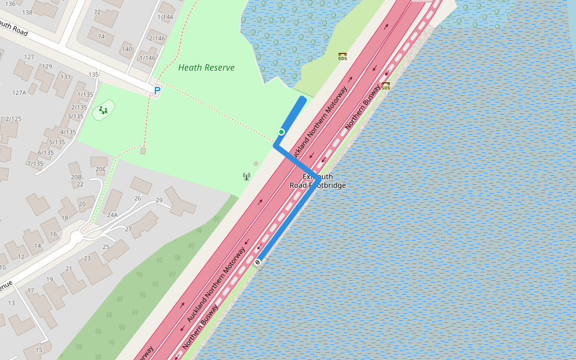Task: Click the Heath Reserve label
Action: (x=206, y=68)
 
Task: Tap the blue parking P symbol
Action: (x=157, y=91)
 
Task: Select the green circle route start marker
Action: (x=281, y=132)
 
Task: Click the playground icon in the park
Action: (x=104, y=110)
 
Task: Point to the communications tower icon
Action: (x=246, y=176)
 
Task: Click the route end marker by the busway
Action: (x=257, y=262)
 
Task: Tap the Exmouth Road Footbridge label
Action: (x=317, y=181)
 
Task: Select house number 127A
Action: (x=19, y=93)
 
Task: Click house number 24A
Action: (x=112, y=215)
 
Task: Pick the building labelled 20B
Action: (x=76, y=177)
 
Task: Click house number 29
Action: (x=159, y=200)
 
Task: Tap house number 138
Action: (x=26, y=12)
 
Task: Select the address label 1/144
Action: (x=165, y=17)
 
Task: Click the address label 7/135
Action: (x=35, y=163)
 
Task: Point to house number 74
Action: (x=101, y=36)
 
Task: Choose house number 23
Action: (x=87, y=258)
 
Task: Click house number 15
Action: (x=39, y=350)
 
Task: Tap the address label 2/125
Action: (x=13, y=119)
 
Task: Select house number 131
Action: (x=65, y=77)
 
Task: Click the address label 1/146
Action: (x=147, y=58)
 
